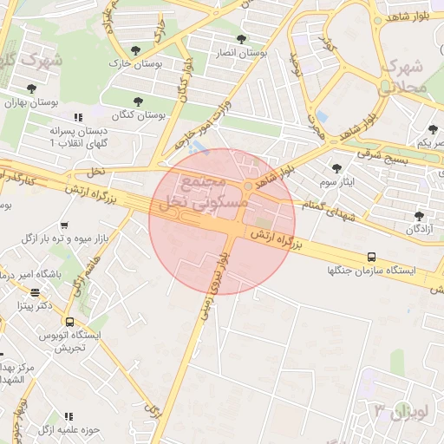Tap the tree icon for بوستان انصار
coord(241,39)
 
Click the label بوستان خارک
coord(126,63)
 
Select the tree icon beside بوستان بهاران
coord(32,88)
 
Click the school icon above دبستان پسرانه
coord(77,117)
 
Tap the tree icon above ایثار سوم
coord(336,168)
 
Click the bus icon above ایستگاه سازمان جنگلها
coord(371,257)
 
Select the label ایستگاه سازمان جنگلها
coord(371,271)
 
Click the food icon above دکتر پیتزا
coord(35,293)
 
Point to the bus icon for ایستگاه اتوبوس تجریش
coord(69,322)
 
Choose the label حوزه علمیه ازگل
coord(69,429)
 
